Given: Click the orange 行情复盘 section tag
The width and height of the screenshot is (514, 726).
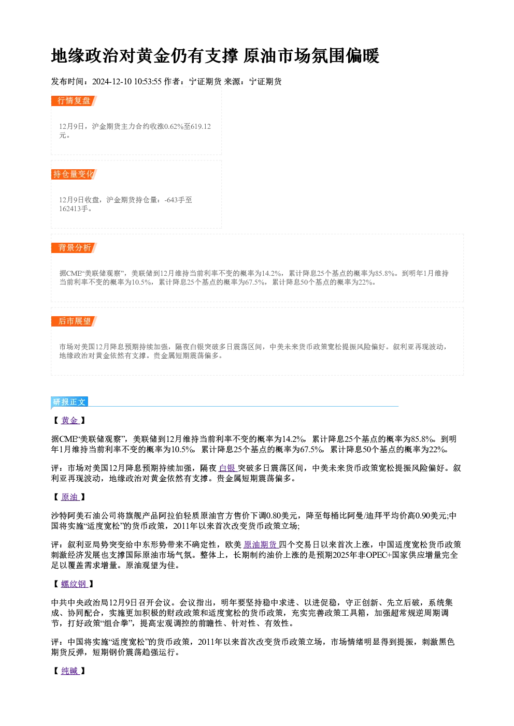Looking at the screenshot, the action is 74,101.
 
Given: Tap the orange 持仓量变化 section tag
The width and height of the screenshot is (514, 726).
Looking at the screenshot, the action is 74,174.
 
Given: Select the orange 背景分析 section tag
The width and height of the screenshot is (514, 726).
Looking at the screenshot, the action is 74,248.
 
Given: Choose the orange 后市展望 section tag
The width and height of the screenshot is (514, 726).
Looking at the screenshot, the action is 74,321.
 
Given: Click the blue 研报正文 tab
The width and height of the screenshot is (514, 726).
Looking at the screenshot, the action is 69,402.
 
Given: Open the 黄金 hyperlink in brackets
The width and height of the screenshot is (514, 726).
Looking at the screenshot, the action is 70,420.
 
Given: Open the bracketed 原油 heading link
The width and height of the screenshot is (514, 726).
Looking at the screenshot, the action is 70,497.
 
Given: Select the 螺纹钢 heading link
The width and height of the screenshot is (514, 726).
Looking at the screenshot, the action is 74,584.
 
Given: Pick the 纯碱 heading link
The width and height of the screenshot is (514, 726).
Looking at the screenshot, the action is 70,671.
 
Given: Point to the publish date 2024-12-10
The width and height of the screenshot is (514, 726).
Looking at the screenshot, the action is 112,82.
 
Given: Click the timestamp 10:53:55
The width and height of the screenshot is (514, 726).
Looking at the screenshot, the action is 148,82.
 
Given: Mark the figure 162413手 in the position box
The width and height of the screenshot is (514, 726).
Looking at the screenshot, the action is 74,209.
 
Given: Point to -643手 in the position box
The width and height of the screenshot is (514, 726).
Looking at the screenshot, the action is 175,200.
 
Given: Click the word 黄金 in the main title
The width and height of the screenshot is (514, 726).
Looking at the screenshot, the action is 153,56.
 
